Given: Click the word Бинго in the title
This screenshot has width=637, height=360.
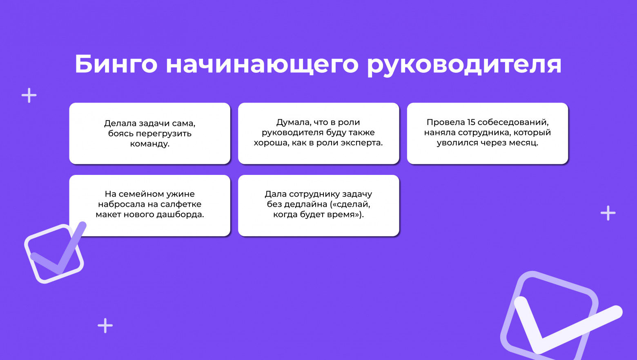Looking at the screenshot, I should pos(116,64).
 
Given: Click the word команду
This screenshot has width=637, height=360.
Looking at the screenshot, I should pos(150,144).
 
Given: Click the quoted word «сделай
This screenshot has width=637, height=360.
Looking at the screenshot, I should pos(351,204).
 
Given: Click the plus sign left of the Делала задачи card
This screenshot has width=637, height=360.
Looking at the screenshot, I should pos(29,96).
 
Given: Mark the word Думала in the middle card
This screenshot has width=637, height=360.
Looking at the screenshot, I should pos(292,122).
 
